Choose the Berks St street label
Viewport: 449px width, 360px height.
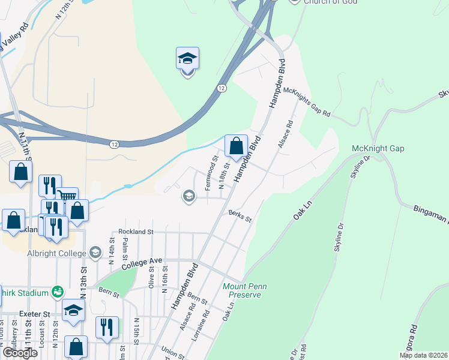pyautogui.click(x=240, y=216)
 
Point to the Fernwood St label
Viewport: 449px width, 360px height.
pyautogui.click(x=210, y=175)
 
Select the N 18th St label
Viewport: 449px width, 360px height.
pyautogui.click(x=224, y=175)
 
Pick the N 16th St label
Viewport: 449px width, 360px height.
pyautogui.click(x=165, y=281)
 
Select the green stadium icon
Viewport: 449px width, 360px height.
pyautogui.click(x=57, y=293)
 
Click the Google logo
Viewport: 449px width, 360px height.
pyautogui.click(x=20, y=353)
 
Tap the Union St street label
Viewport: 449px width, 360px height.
pyautogui.click(x=172, y=353)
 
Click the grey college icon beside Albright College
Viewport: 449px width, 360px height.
pyautogui.click(x=94, y=252)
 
